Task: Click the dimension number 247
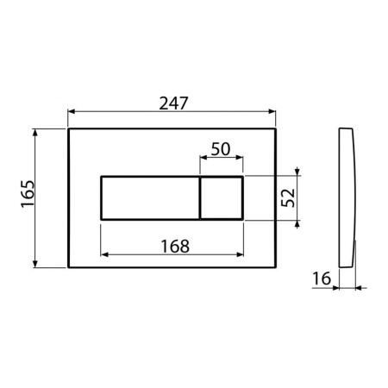click(x=172, y=102)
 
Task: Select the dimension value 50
click(x=221, y=147)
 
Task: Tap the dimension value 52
click(x=289, y=197)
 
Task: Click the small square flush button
click(x=222, y=197)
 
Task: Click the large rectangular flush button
click(x=150, y=197)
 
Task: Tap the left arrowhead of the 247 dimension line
click(x=71, y=111)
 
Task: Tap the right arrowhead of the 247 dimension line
click(x=272, y=111)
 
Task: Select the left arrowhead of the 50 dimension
click(x=203, y=158)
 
